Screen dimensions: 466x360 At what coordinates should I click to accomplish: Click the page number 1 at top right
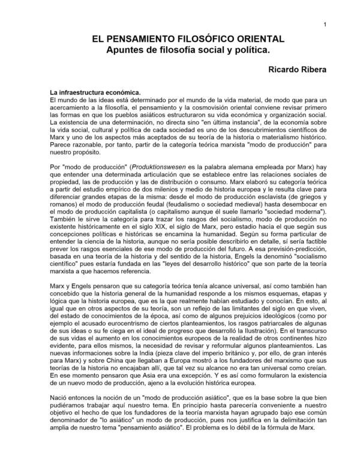324,25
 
